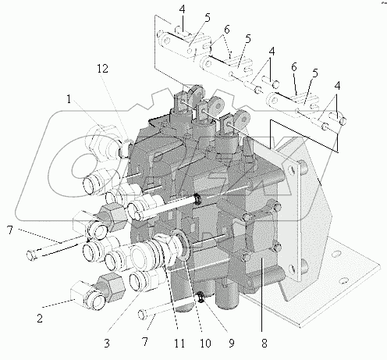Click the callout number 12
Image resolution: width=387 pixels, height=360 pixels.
click(102, 69)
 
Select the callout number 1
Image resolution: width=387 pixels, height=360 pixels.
click(69, 99)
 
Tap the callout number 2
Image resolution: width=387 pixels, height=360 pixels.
click(40, 319)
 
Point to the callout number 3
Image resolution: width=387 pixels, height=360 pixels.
click(107, 344)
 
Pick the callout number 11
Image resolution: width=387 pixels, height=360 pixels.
click(179, 344)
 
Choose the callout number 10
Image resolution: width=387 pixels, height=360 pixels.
click(205, 344)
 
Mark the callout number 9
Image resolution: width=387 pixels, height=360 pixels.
click(232, 344)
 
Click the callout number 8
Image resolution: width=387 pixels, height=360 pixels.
click(265, 344)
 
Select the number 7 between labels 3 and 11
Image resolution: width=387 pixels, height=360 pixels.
click(145, 341)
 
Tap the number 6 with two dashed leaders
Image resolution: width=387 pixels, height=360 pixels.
click(227, 30)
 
